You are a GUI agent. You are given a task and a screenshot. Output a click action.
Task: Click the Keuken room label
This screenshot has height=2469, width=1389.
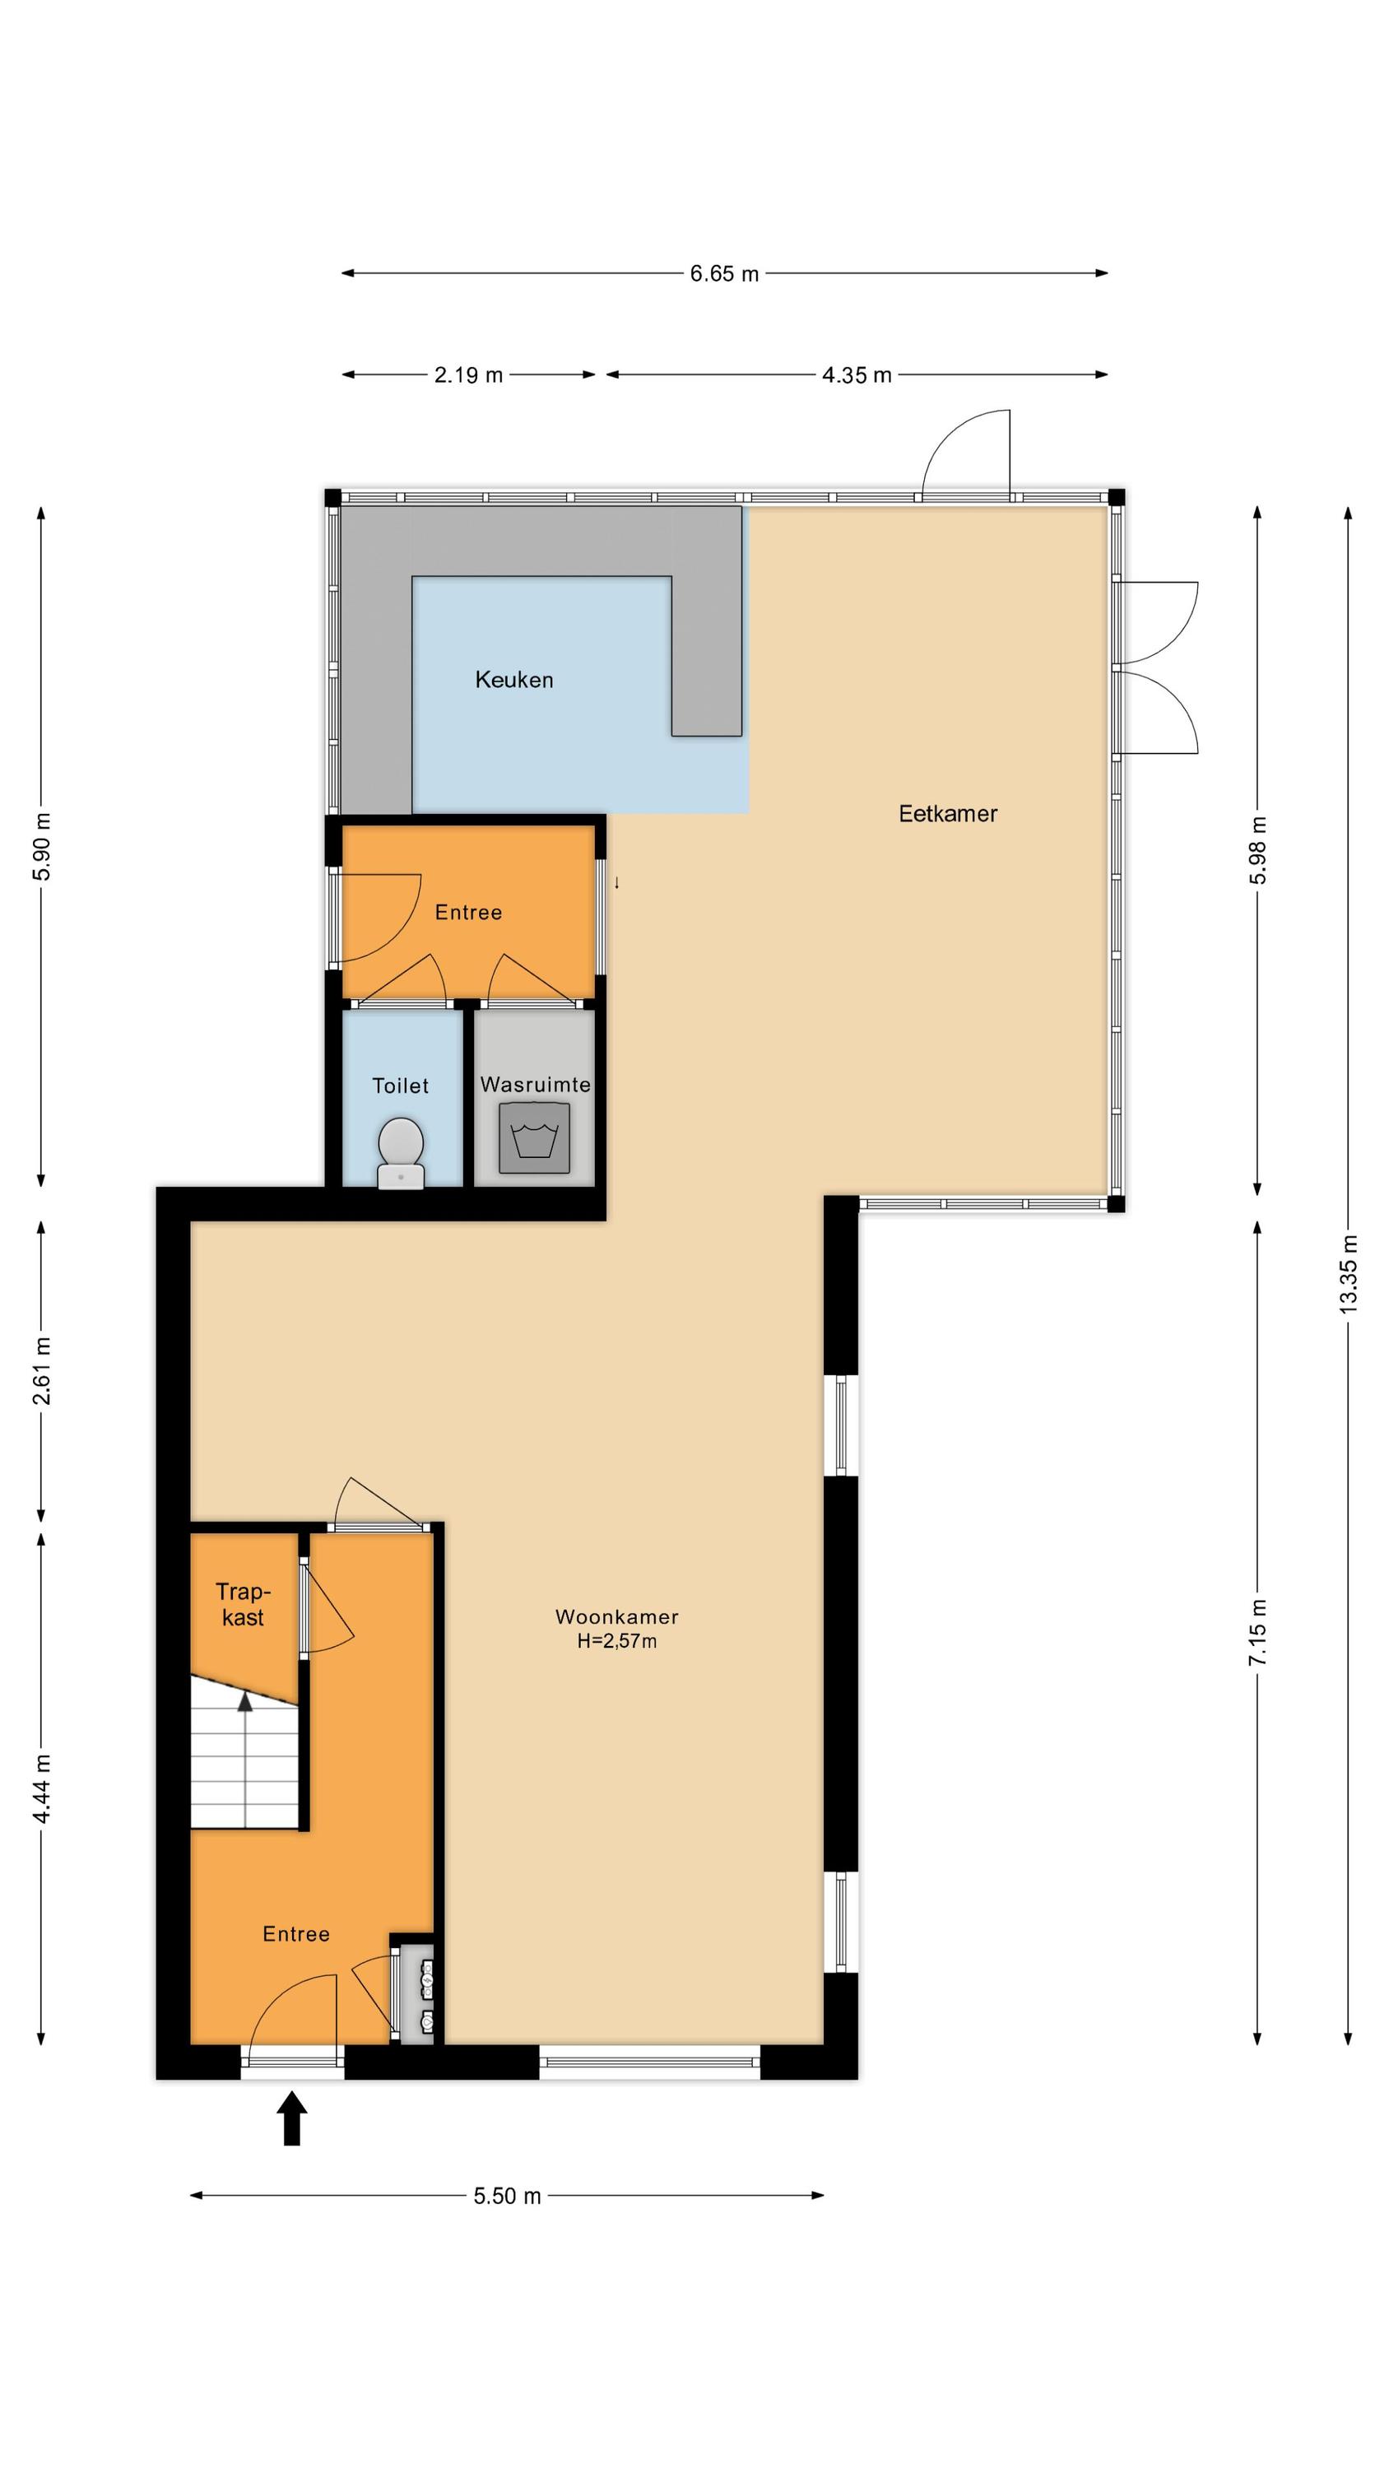coord(513,680)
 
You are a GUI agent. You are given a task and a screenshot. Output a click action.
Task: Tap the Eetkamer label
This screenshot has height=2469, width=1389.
coord(948,814)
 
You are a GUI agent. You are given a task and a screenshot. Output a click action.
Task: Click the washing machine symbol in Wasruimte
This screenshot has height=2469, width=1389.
coord(535,1137)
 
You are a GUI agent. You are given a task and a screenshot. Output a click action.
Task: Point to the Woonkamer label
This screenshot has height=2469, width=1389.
coord(617,1617)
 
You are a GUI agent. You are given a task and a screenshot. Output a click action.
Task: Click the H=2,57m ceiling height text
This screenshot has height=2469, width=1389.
coord(617,1641)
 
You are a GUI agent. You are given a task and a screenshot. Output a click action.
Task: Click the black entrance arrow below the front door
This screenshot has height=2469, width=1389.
coord(292,2118)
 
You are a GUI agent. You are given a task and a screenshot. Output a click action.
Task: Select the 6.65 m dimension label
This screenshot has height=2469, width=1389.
coord(725,274)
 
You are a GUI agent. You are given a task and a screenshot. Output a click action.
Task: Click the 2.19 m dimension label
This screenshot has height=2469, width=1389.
coord(469,374)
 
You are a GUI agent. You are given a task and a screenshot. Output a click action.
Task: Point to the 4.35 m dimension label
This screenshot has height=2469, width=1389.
coord(857,374)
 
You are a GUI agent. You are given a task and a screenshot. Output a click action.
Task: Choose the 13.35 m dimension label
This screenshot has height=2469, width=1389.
coord(1349,1274)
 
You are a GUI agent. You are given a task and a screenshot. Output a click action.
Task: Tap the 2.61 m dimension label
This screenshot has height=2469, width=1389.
coord(42,1369)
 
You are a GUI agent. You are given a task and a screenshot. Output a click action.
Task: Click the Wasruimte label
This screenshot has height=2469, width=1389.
coord(535,1085)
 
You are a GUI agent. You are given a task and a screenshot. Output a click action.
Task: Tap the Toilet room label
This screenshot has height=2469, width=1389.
coord(401,1086)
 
